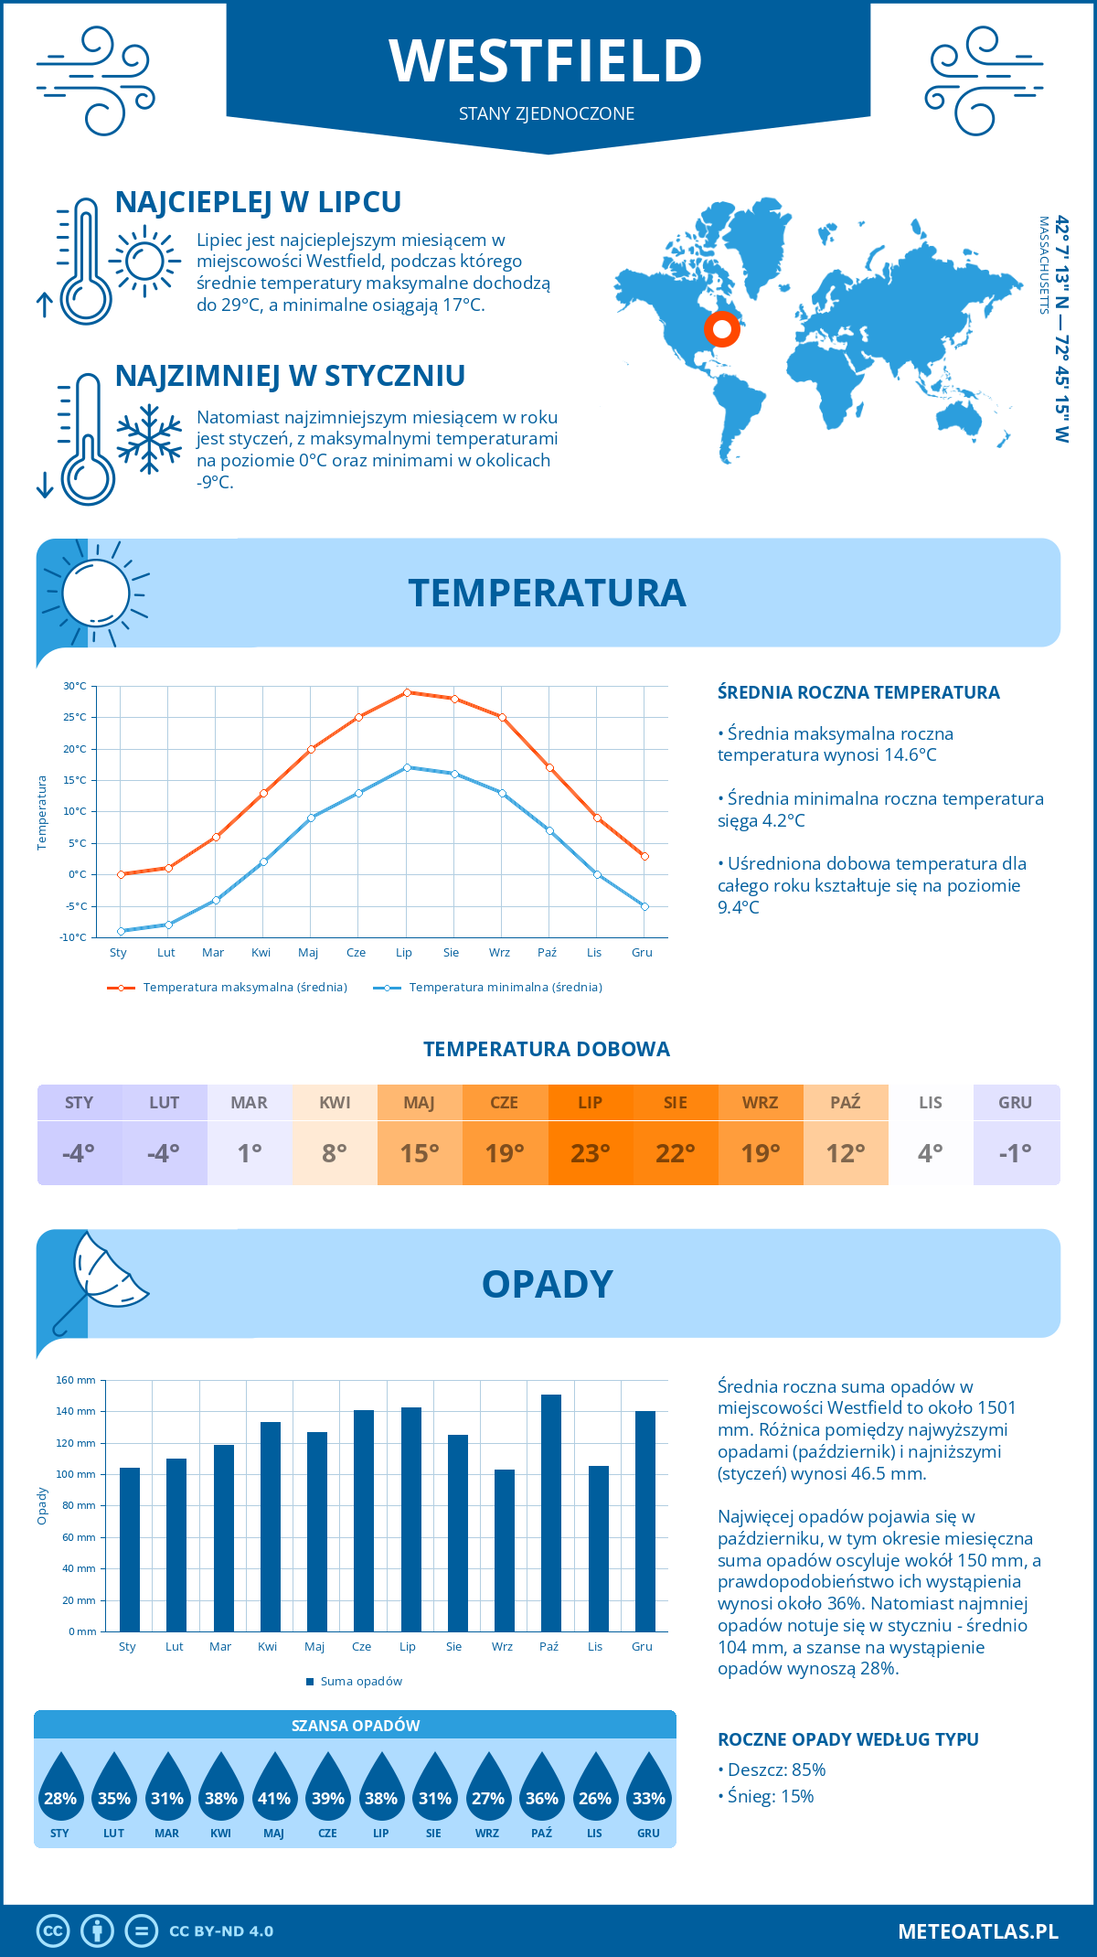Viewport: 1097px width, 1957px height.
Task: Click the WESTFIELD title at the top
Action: (x=546, y=61)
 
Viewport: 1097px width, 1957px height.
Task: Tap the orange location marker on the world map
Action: (x=722, y=328)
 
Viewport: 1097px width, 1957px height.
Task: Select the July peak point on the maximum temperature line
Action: (x=407, y=692)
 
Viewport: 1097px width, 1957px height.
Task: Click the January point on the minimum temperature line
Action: (x=121, y=931)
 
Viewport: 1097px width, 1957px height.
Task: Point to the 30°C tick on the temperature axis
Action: (x=75, y=686)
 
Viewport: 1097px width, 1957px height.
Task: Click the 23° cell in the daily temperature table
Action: (x=590, y=1153)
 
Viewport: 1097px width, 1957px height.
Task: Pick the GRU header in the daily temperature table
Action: (x=1015, y=1103)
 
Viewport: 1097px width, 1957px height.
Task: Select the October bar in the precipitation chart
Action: (x=550, y=1513)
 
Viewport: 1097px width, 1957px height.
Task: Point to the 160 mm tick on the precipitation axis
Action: (x=77, y=1380)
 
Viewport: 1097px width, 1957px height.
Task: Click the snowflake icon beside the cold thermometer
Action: (x=149, y=440)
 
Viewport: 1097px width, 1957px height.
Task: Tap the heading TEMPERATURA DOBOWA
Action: (x=546, y=1049)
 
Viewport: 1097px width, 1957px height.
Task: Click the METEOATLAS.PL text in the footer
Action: (x=977, y=1931)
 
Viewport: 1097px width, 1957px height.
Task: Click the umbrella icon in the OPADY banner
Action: (x=101, y=1280)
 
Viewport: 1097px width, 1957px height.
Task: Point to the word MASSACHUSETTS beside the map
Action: (x=1043, y=265)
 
